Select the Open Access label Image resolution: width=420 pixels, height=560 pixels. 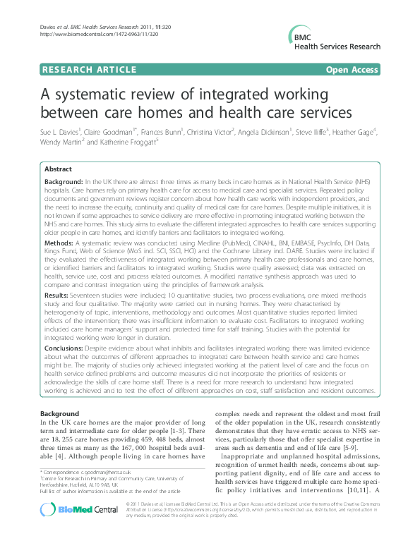tap(352, 70)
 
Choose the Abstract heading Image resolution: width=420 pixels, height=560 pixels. tap(58, 169)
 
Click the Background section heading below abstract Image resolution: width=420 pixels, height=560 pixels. tap(59, 413)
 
